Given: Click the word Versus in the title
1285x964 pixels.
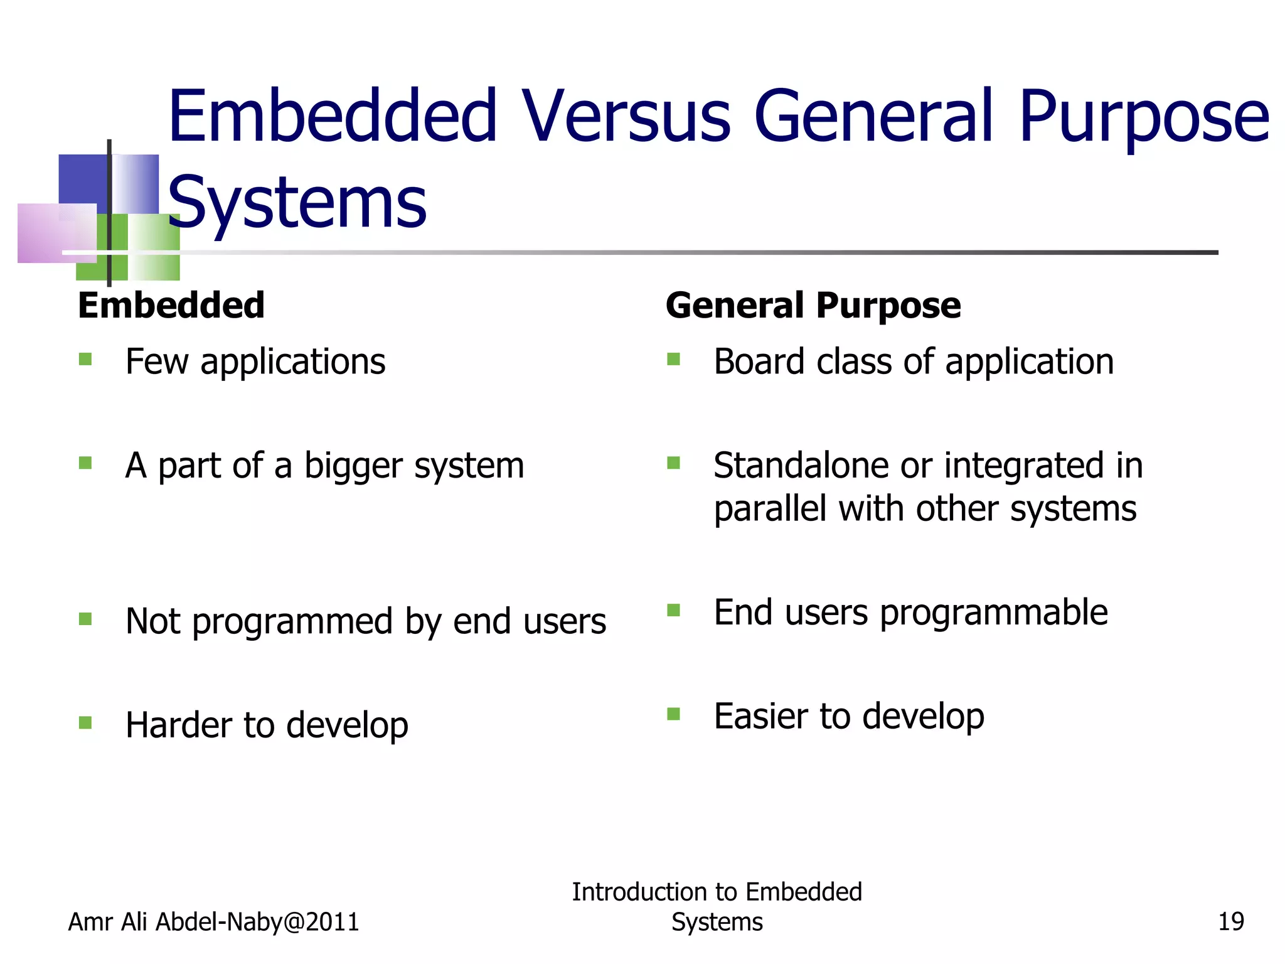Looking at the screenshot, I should (627, 116).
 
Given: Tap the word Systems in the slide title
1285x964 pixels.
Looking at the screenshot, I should (297, 203).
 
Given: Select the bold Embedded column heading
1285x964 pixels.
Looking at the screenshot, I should (171, 306).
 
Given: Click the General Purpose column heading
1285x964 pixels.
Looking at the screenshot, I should (813, 306).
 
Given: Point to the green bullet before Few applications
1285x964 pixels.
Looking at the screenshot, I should (85, 360).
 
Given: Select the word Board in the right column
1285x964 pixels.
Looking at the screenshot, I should (759, 362).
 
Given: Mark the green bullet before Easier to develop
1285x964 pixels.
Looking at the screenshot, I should (673, 714).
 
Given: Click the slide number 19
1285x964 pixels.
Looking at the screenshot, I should (1230, 922).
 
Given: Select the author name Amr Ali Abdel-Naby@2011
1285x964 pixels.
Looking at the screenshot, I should (213, 922).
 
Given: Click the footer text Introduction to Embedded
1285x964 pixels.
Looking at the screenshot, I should (717, 892).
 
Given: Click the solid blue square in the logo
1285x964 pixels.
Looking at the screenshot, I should (82, 179).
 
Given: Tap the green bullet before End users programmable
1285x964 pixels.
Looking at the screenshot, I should (673, 611).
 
